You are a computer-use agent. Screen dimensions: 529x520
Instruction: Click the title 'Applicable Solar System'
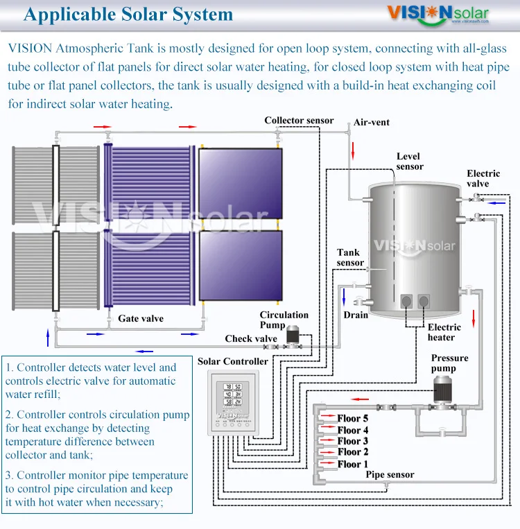click(x=128, y=15)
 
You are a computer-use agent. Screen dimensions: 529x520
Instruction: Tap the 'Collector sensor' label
click(x=299, y=121)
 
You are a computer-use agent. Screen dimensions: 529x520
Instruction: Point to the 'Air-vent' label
click(x=372, y=123)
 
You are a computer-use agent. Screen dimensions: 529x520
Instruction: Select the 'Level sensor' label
click(x=410, y=162)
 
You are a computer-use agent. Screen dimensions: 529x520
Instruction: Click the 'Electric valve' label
click(x=483, y=179)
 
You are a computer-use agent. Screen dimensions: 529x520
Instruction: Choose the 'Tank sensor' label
click(x=350, y=258)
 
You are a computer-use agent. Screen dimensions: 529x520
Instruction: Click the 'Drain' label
click(x=356, y=315)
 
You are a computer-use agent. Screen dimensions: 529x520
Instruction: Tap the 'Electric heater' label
click(x=444, y=332)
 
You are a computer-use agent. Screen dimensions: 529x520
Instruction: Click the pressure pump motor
click(x=442, y=390)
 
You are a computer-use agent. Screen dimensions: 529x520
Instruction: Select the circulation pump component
click(x=293, y=336)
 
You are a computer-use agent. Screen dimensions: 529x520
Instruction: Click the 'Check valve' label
click(x=251, y=339)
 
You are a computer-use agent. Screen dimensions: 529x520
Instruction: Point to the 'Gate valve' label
click(x=141, y=319)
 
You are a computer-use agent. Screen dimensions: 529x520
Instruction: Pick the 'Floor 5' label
click(x=353, y=419)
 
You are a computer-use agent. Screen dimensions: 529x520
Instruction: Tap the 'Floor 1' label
click(x=353, y=464)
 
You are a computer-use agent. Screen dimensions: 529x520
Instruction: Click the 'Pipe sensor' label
click(x=390, y=475)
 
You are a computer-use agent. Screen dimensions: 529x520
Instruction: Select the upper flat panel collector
click(x=241, y=182)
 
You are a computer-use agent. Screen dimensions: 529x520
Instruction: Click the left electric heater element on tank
click(x=407, y=301)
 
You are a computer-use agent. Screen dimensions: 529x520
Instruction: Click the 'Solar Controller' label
click(x=232, y=361)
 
